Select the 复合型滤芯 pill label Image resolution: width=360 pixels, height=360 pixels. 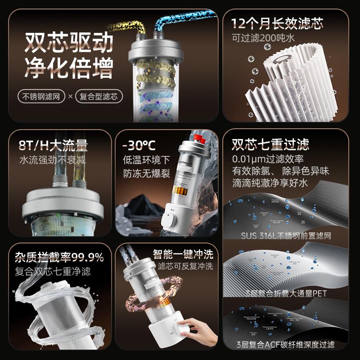click(99, 96)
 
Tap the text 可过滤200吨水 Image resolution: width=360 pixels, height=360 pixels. click(263, 38)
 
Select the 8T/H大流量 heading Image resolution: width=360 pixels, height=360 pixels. click(53, 145)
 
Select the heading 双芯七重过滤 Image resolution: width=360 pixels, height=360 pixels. click(270, 144)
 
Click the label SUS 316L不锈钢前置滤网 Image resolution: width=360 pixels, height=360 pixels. click(286, 235)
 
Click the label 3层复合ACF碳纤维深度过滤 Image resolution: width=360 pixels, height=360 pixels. click(286, 345)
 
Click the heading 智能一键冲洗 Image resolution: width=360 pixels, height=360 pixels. click(183, 253)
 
